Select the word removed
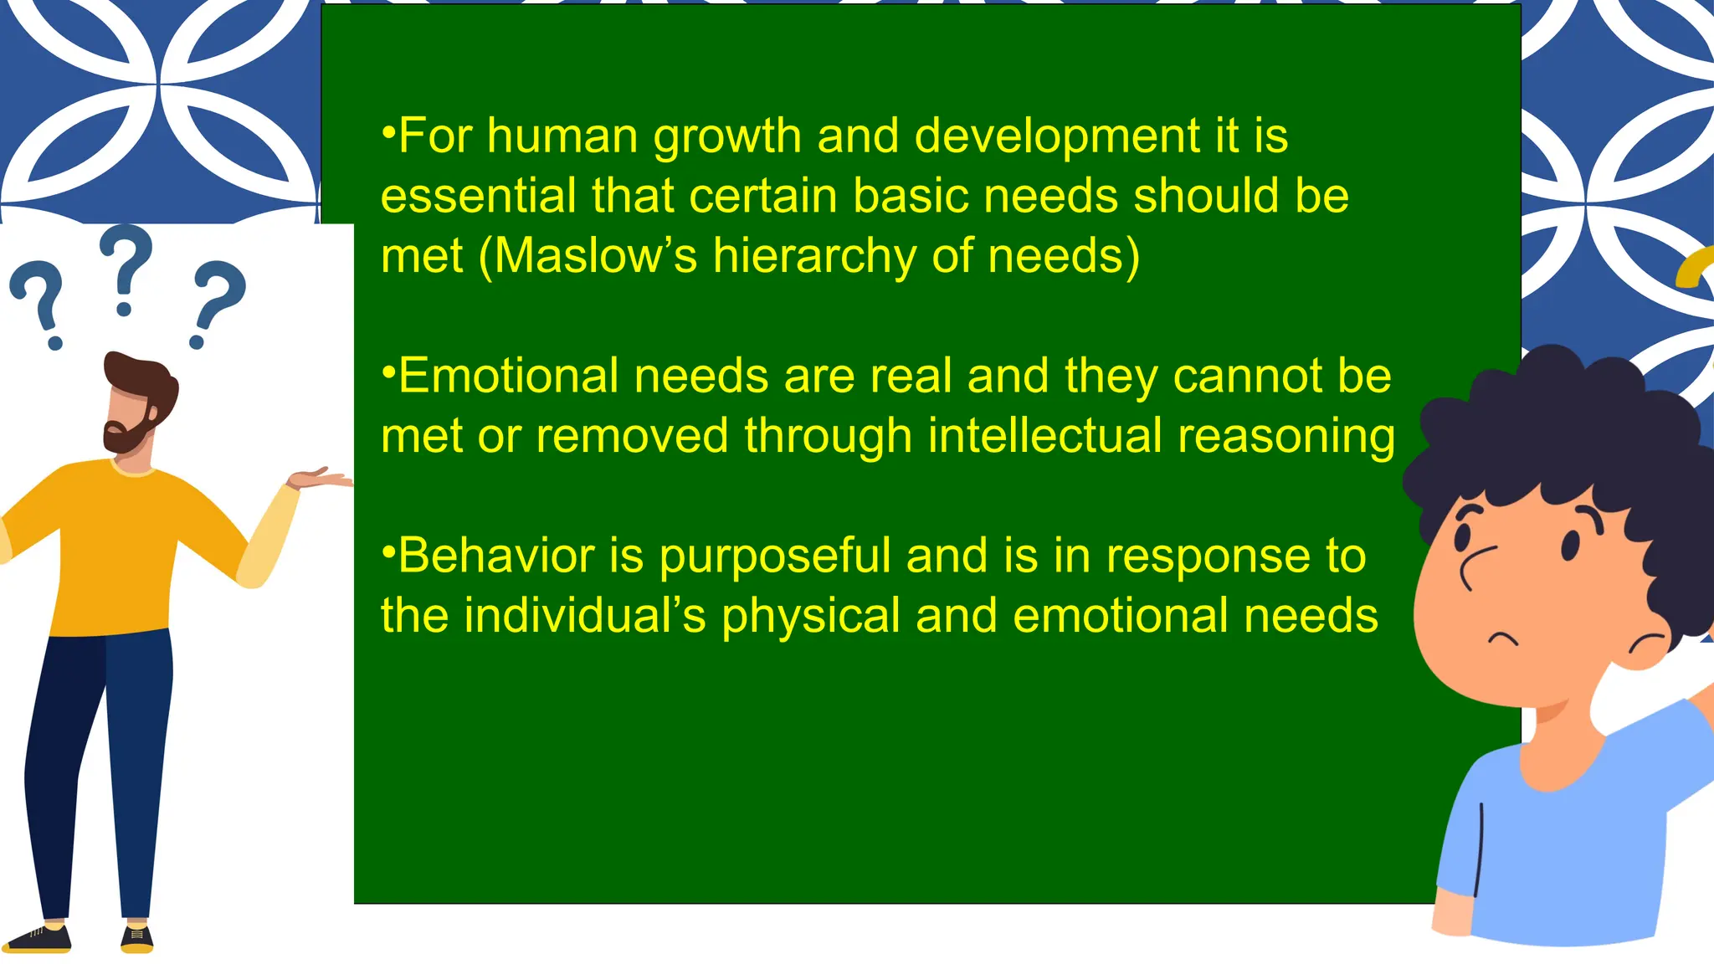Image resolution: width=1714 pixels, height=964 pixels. click(x=632, y=436)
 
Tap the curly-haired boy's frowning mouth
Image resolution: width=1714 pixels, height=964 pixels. click(x=1502, y=640)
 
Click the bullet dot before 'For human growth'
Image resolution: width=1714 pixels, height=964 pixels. click(x=387, y=131)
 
